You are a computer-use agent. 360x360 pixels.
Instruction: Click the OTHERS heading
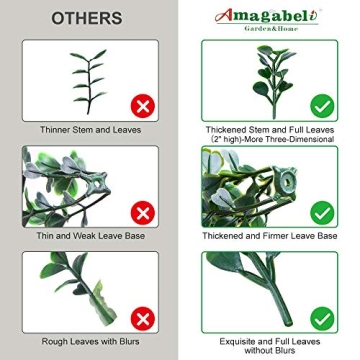pyautogui.click(x=87, y=18)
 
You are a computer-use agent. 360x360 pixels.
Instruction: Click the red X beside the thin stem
pyautogui.click(x=143, y=106)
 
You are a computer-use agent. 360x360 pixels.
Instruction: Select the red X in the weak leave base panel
pyautogui.click(x=143, y=213)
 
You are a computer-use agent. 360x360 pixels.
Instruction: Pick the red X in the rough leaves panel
pyautogui.click(x=143, y=319)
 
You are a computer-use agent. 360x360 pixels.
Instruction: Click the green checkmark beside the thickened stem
pyautogui.click(x=322, y=106)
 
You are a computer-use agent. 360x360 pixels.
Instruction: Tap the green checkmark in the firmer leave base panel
pyautogui.click(x=322, y=213)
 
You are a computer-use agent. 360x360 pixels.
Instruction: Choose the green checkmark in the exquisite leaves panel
pyautogui.click(x=322, y=319)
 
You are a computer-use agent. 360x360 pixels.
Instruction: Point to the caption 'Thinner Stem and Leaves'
pyautogui.click(x=90, y=130)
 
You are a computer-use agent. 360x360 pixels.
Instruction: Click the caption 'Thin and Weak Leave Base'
pyautogui.click(x=91, y=236)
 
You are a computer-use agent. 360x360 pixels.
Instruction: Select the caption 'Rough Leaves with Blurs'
pyautogui.click(x=90, y=342)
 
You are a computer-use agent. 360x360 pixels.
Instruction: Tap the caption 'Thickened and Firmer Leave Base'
pyautogui.click(x=270, y=236)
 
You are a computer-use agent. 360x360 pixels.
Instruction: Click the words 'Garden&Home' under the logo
pyautogui.click(x=271, y=29)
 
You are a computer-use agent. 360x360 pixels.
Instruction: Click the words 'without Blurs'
pyautogui.click(x=270, y=350)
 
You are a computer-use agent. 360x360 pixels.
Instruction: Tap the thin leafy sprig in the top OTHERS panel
pyautogui.click(x=88, y=80)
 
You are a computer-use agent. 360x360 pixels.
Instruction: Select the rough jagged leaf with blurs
pyautogui.click(x=102, y=303)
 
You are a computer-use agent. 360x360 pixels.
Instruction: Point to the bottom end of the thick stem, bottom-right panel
pyautogui.click(x=288, y=323)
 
